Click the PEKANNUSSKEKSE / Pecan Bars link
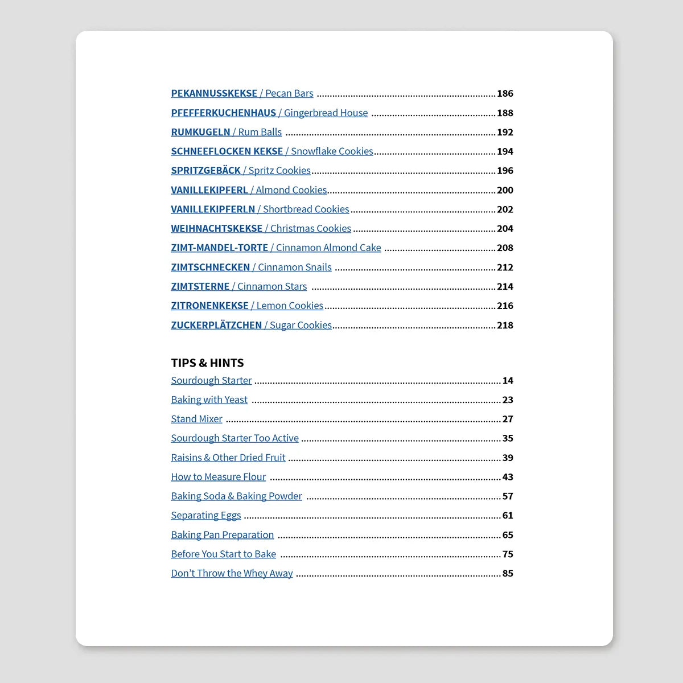pyautogui.click(x=242, y=93)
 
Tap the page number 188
pyautogui.click(x=505, y=113)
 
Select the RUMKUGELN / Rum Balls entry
pyautogui.click(x=226, y=132)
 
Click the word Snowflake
pyautogui.click(x=311, y=151)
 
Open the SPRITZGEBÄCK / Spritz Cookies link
pyautogui.click(x=240, y=171)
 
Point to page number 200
pyautogui.click(x=505, y=190)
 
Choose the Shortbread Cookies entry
pyautogui.click(x=306, y=209)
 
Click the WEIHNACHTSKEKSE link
pyautogui.click(x=216, y=229)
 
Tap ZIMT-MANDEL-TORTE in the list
pyautogui.click(x=219, y=248)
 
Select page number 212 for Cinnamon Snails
pyautogui.click(x=505, y=268)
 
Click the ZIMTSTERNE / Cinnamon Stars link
pyautogui.click(x=238, y=287)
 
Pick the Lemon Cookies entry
pyautogui.click(x=289, y=306)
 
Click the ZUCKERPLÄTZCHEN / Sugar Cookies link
pyautogui.click(x=251, y=326)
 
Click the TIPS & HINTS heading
pyautogui.click(x=207, y=363)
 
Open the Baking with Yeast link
pyautogui.click(x=209, y=400)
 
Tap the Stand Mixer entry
pyautogui.click(x=196, y=419)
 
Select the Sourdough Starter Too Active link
pyautogui.click(x=234, y=438)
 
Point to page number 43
pyautogui.click(x=508, y=477)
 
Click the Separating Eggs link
pyautogui.click(x=205, y=516)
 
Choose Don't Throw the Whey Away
pyautogui.click(x=232, y=574)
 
